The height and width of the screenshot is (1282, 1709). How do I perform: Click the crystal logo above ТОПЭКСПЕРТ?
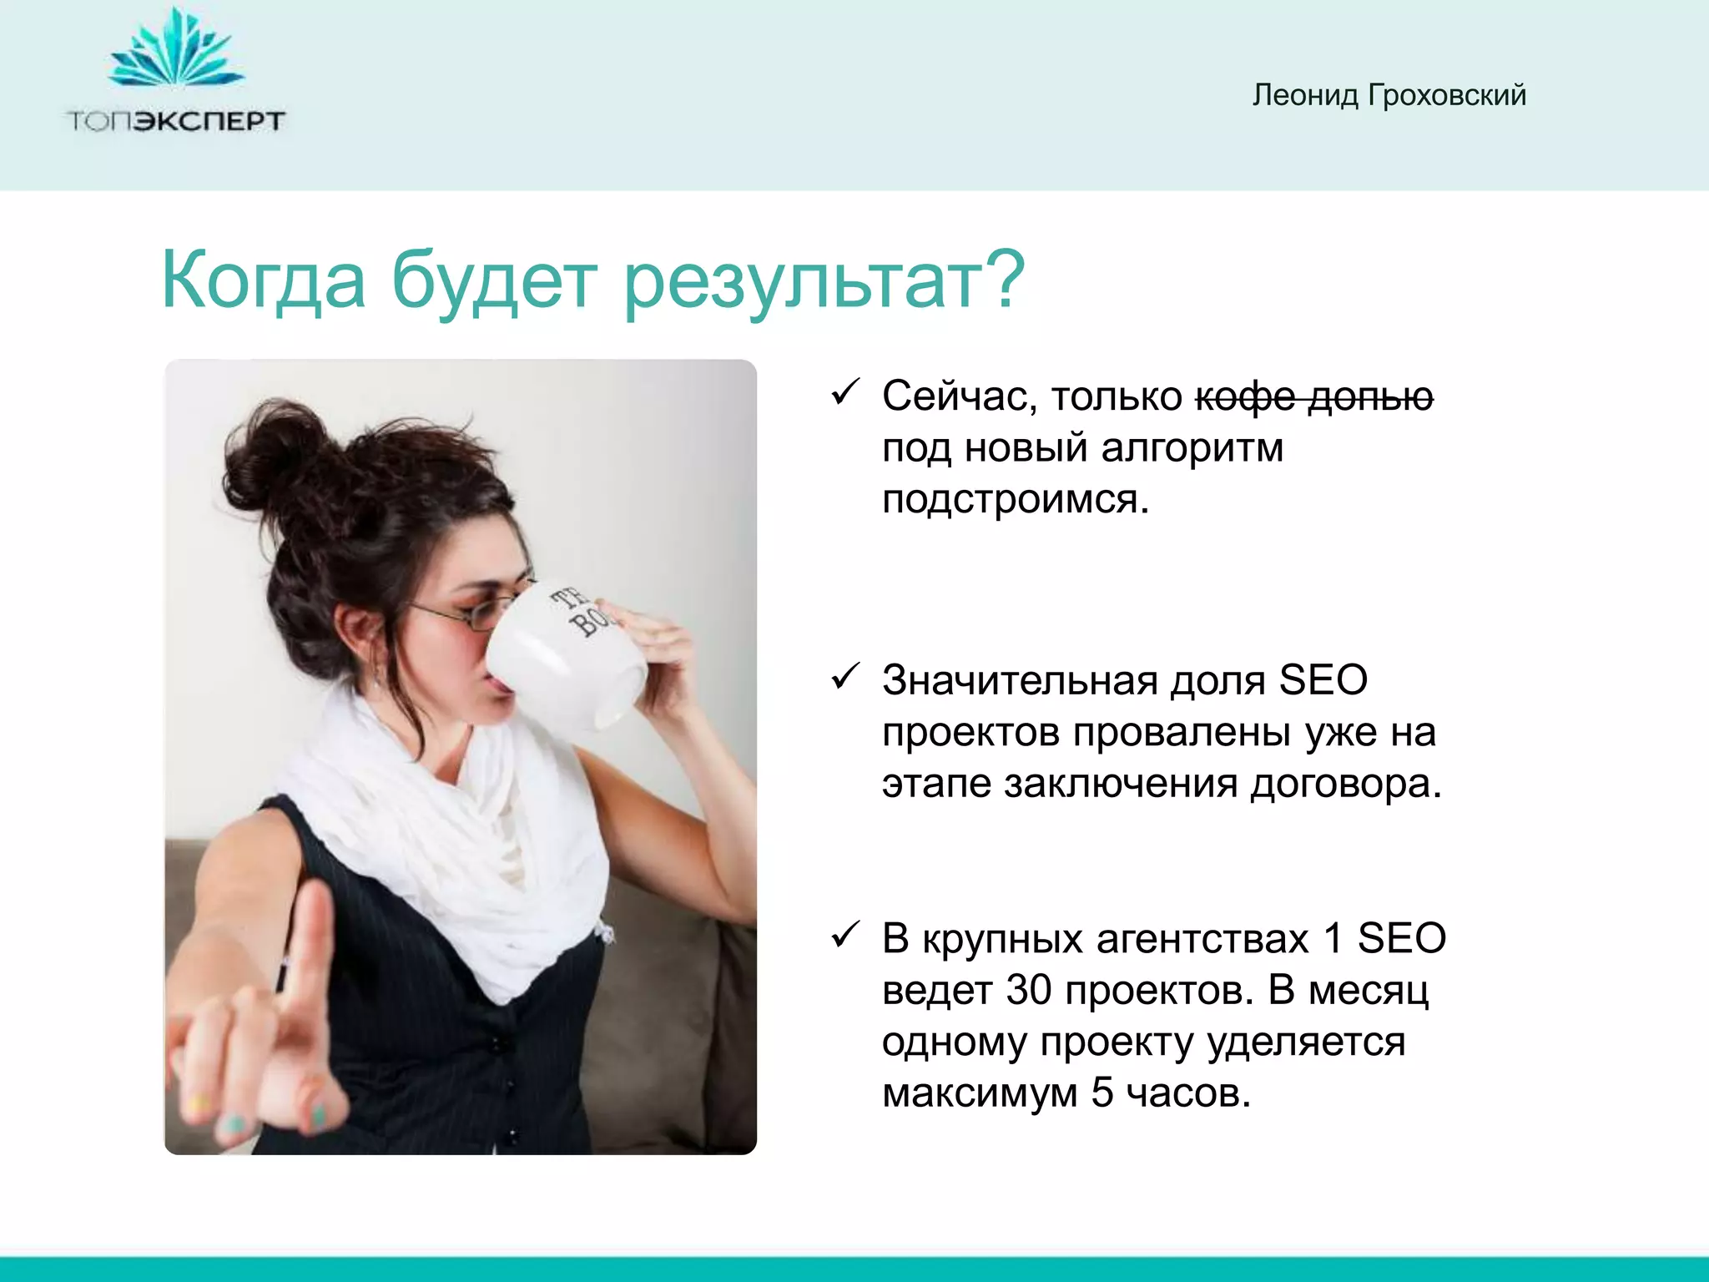click(175, 52)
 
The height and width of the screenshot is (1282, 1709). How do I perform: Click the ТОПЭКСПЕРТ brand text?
click(175, 121)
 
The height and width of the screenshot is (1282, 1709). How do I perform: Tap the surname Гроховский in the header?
click(1447, 95)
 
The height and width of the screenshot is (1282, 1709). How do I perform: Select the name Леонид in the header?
click(1305, 95)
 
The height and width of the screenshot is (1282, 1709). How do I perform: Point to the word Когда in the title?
click(263, 280)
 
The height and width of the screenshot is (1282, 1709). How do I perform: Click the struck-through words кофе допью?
click(1313, 396)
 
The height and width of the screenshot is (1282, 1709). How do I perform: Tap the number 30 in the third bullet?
click(1028, 991)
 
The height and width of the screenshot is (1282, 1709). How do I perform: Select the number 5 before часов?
click(1102, 1093)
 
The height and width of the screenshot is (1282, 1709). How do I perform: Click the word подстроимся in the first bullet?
click(1015, 500)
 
